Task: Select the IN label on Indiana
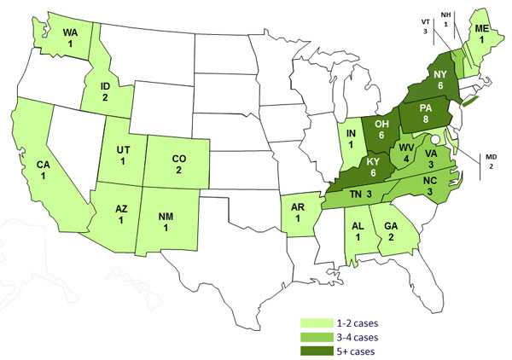click(x=351, y=140)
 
